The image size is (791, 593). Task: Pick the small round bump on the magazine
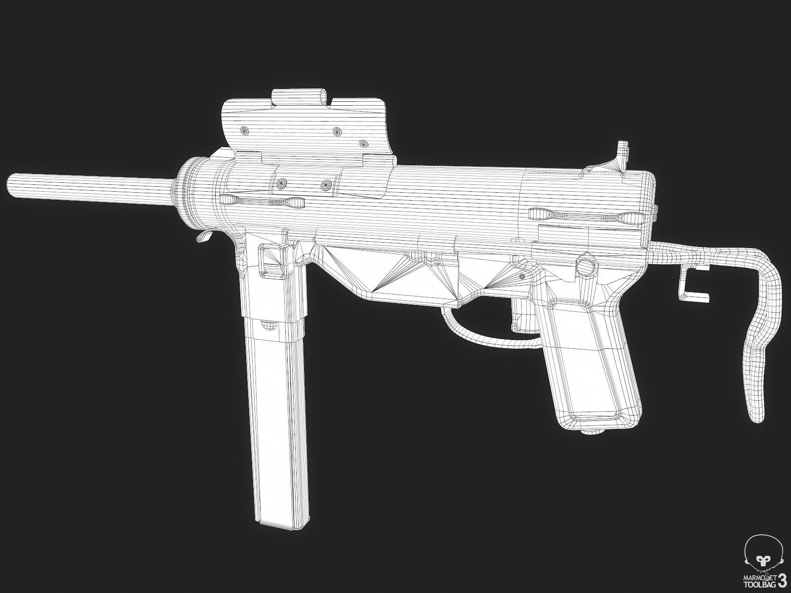pyautogui.click(x=267, y=325)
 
